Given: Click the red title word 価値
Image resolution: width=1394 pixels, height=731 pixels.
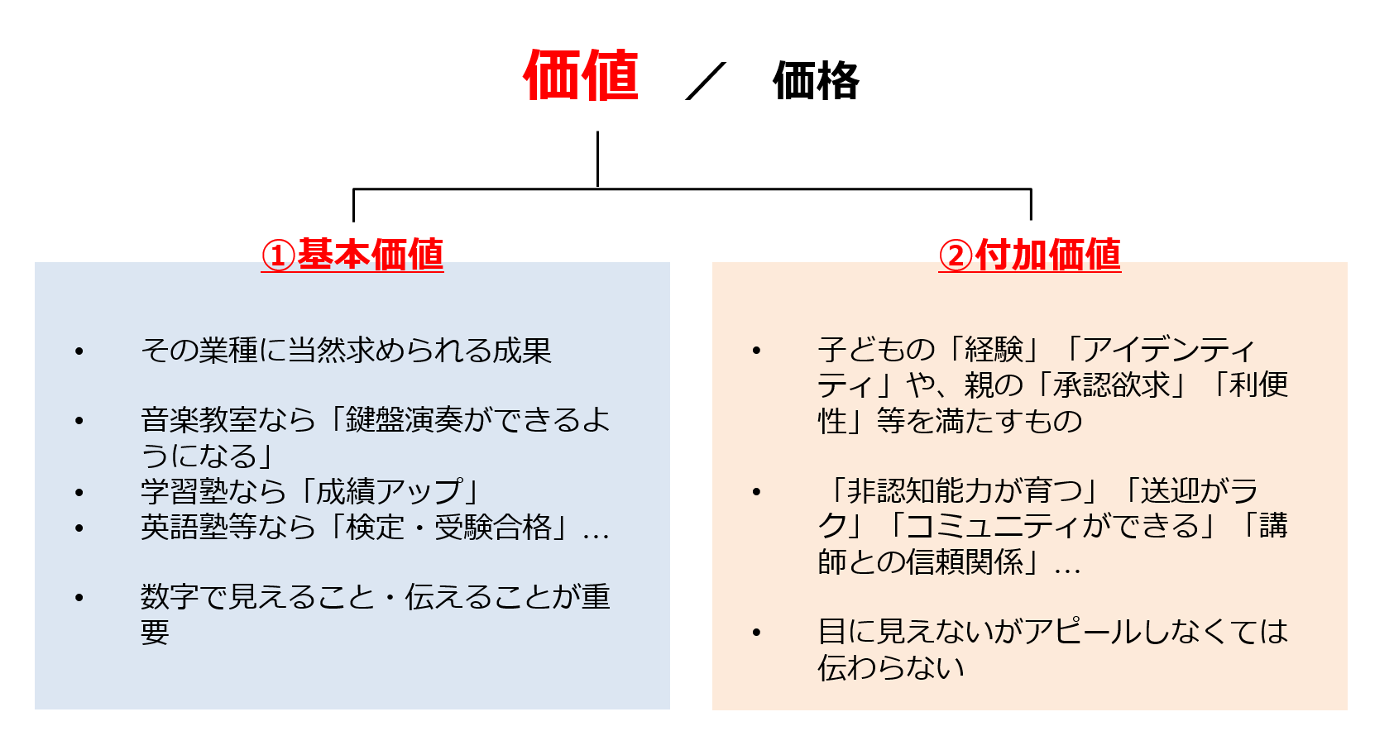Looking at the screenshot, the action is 582,76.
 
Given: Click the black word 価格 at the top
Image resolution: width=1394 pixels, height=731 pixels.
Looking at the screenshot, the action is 816,81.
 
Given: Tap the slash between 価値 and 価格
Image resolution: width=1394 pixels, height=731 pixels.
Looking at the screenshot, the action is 706,81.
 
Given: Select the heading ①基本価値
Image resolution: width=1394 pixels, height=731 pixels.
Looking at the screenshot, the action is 352,255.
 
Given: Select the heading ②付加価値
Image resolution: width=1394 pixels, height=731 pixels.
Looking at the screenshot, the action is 1030,255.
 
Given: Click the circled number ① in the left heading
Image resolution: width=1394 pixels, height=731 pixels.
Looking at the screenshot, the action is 278,256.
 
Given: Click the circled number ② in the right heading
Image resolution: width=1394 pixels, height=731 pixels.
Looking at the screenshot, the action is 956,256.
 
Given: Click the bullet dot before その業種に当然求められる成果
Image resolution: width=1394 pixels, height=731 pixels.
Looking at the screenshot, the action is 79,351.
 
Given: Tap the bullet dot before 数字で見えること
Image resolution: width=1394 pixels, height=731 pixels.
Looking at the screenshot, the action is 79,598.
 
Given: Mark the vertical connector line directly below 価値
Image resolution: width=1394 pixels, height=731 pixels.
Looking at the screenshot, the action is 597,160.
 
